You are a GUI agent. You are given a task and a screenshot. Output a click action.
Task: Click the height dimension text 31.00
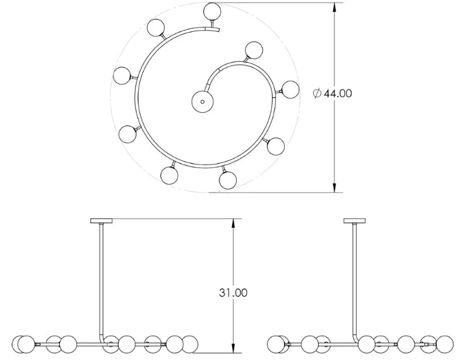(233, 293)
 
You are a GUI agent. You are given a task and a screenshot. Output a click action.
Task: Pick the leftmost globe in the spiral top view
(123, 75)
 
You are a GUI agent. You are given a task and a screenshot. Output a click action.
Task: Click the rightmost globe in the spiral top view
(289, 89)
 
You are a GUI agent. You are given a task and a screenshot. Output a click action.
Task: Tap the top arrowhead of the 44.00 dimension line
(335, 8)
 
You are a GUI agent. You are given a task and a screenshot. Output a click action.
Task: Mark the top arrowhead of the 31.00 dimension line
(233, 223)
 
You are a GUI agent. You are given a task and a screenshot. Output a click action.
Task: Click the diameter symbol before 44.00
(317, 93)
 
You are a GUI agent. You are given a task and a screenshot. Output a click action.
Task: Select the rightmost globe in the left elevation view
(190, 344)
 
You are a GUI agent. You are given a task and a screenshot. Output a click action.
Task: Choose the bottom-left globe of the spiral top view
(170, 175)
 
